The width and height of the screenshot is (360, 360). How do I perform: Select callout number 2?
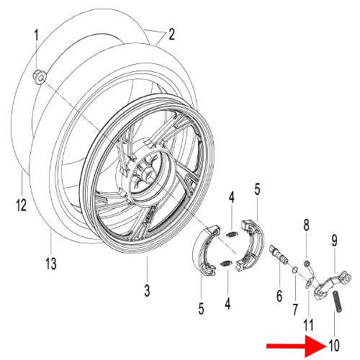pyautogui.click(x=171, y=34)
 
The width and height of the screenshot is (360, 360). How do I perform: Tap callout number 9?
pyautogui.click(x=334, y=240)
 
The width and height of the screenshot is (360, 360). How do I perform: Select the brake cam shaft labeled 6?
pyautogui.click(x=277, y=254)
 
